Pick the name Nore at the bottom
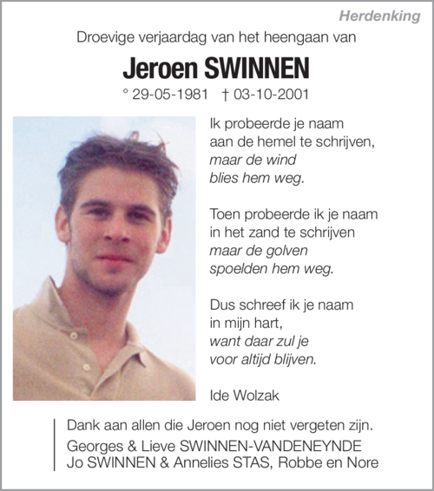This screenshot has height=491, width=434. (361, 462)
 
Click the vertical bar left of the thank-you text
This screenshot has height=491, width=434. (55, 444)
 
